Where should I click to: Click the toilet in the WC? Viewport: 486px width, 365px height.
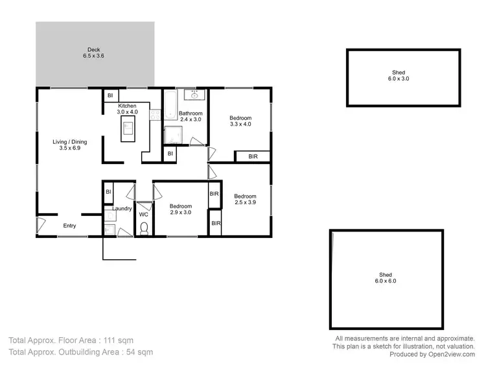click(x=144, y=227)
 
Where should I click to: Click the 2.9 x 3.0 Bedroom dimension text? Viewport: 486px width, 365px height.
click(x=180, y=212)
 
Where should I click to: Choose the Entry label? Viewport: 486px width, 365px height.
click(x=69, y=226)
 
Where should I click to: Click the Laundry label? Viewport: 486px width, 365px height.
click(x=122, y=209)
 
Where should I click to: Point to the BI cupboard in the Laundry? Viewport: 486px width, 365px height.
click(x=109, y=193)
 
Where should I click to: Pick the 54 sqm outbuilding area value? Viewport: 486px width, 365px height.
click(x=137, y=352)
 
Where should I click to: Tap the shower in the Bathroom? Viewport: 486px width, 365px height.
click(x=174, y=135)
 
